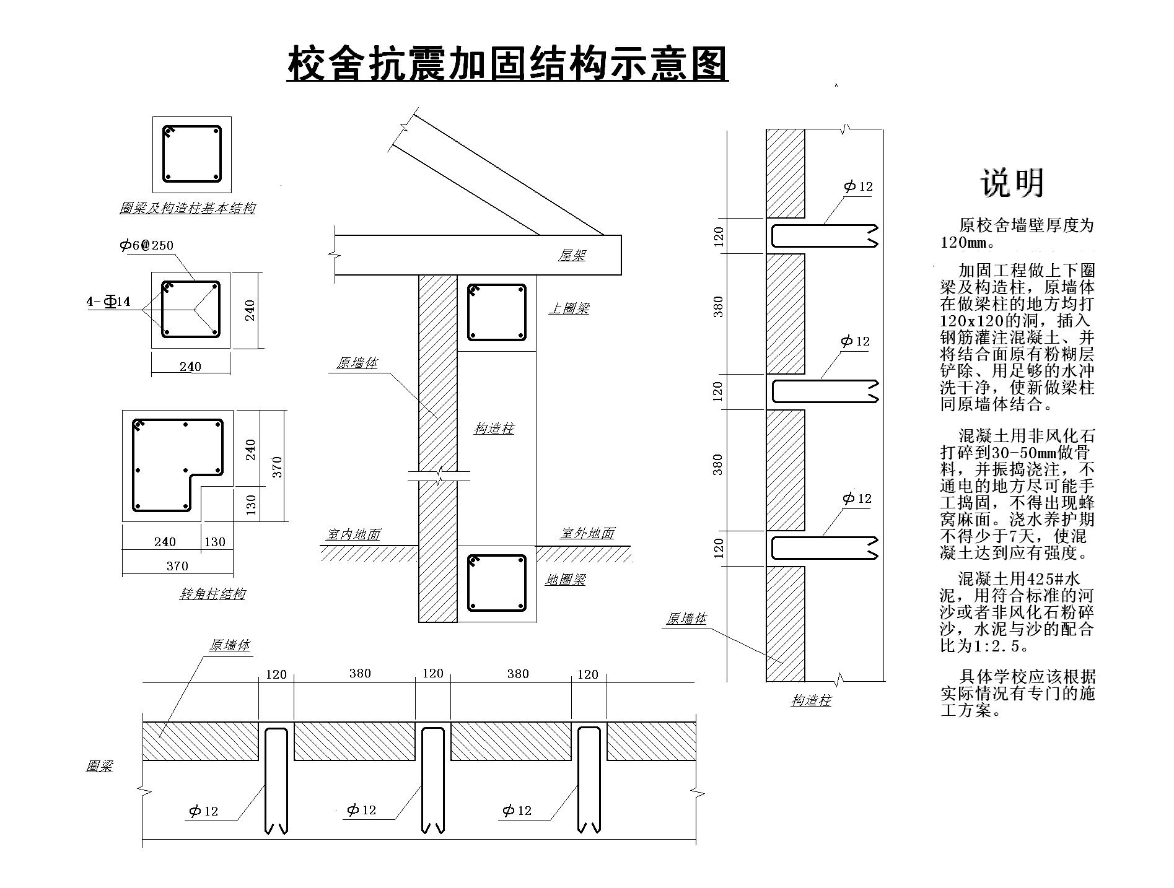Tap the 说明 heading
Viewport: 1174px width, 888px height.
tap(1012, 183)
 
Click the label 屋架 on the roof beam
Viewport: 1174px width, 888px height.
tap(572, 255)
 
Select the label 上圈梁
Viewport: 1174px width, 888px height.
tap(569, 308)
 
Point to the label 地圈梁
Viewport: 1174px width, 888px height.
tap(565, 580)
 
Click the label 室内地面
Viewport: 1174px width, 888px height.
tap(353, 534)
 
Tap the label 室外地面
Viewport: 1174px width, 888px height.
tap(587, 533)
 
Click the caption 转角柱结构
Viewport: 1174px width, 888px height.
tap(212, 594)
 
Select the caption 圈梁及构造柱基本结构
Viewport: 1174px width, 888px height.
tap(187, 208)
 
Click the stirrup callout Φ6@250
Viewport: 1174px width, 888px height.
tap(147, 245)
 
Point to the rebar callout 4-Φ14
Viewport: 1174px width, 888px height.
tap(108, 302)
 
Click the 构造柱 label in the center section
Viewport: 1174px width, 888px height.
tap(494, 429)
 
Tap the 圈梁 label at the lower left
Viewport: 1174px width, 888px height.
tap(99, 766)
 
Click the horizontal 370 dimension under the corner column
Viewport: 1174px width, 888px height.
tap(177, 566)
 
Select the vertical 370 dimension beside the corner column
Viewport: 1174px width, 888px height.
tap(277, 466)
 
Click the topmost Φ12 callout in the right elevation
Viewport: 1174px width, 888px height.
tap(858, 186)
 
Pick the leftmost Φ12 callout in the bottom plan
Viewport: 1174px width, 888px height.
tap(204, 811)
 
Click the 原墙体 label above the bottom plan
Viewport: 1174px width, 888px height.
tap(229, 645)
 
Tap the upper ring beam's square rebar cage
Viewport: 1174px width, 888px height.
tap(496, 313)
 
